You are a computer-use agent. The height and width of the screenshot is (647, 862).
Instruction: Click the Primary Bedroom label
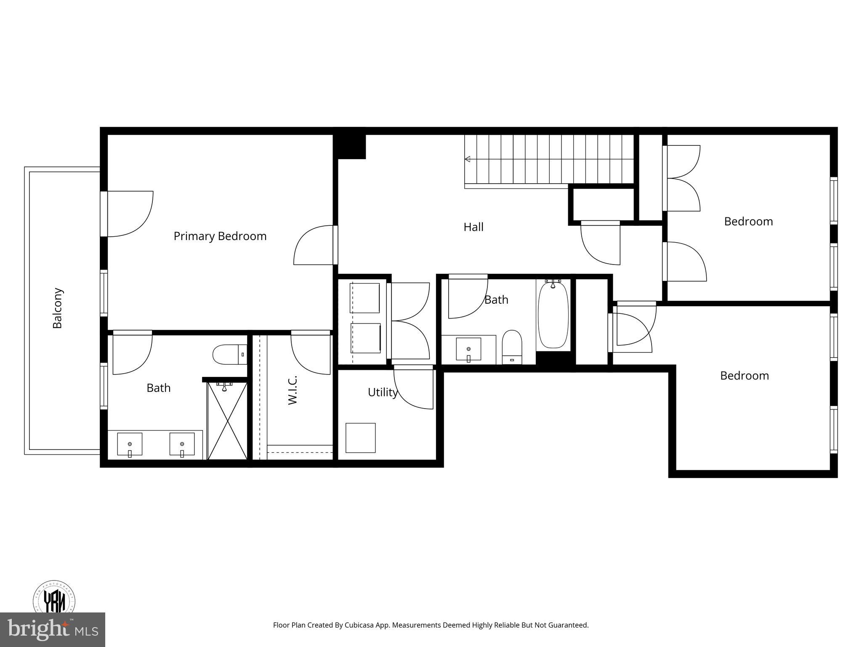pos(220,236)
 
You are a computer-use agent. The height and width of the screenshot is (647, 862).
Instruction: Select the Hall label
pos(473,227)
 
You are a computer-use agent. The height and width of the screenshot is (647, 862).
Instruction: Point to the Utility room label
pos(382,392)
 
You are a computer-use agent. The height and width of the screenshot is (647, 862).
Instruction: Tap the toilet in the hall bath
pos(512,347)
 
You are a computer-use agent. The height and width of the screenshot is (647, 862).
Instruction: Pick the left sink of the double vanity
pos(130,444)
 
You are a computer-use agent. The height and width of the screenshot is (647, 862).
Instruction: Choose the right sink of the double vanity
pos(182,444)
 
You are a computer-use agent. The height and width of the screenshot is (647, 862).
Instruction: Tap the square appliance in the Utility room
pos(360,438)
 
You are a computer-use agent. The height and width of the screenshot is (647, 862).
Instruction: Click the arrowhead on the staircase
pos(467,159)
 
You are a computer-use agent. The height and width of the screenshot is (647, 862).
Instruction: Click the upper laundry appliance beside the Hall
pos(365,298)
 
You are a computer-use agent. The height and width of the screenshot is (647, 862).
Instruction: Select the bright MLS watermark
pos(52,630)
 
